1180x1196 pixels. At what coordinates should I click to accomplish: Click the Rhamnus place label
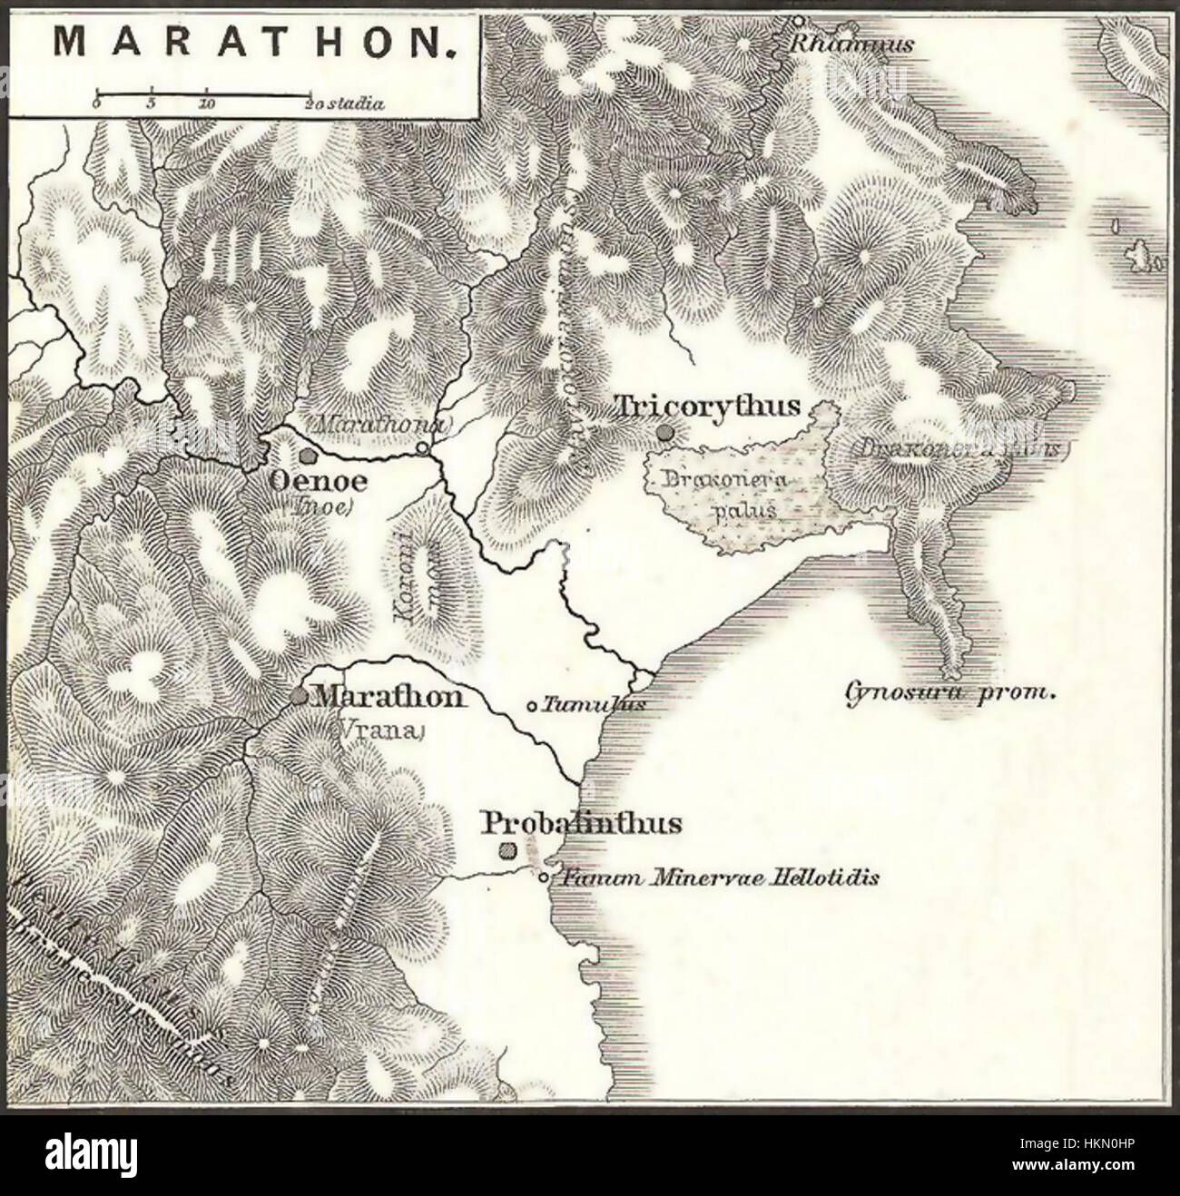coord(851,43)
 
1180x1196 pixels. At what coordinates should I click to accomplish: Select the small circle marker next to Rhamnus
coord(797,20)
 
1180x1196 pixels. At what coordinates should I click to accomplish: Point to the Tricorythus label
coord(708,406)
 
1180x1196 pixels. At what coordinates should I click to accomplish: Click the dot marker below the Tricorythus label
coord(667,433)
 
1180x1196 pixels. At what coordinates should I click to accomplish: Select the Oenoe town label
coord(309,482)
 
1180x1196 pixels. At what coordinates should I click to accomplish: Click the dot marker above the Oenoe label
coord(309,456)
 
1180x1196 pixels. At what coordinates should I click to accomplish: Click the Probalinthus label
coord(581,823)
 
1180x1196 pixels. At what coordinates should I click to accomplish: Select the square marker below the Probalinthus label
coord(508,850)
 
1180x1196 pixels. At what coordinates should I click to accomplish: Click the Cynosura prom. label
coord(951,694)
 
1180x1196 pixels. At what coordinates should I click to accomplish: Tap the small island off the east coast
coord(1136,256)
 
